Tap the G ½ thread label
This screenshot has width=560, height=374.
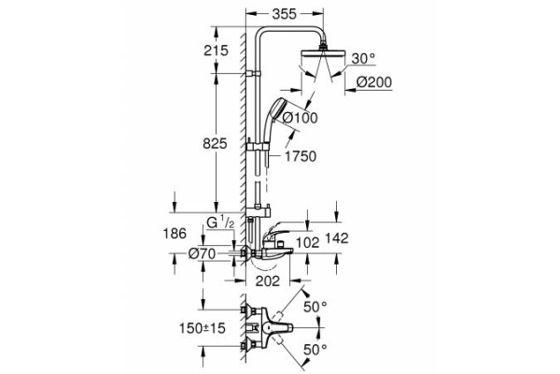(x=222, y=223)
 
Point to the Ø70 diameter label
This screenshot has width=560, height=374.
(x=203, y=253)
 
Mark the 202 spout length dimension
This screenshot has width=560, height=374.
(x=268, y=279)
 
